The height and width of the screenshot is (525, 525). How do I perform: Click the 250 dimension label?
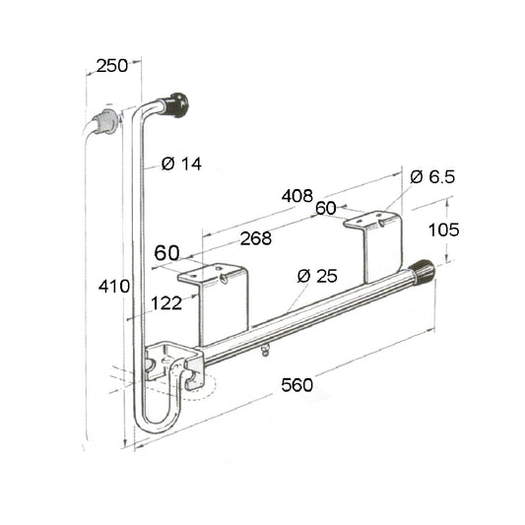112,66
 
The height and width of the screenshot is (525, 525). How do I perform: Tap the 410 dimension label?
114,287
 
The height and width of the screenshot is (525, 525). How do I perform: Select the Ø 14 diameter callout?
181,164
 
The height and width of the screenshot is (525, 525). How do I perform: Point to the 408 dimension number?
297,196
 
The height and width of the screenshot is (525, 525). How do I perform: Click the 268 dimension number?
256,238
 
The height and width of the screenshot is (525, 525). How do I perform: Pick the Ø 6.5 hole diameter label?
432,176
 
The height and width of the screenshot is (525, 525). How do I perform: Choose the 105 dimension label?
443,230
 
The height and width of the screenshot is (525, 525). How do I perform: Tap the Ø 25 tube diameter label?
317,276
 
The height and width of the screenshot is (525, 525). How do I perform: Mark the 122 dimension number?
166,303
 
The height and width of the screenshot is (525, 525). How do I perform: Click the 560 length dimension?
297,385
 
